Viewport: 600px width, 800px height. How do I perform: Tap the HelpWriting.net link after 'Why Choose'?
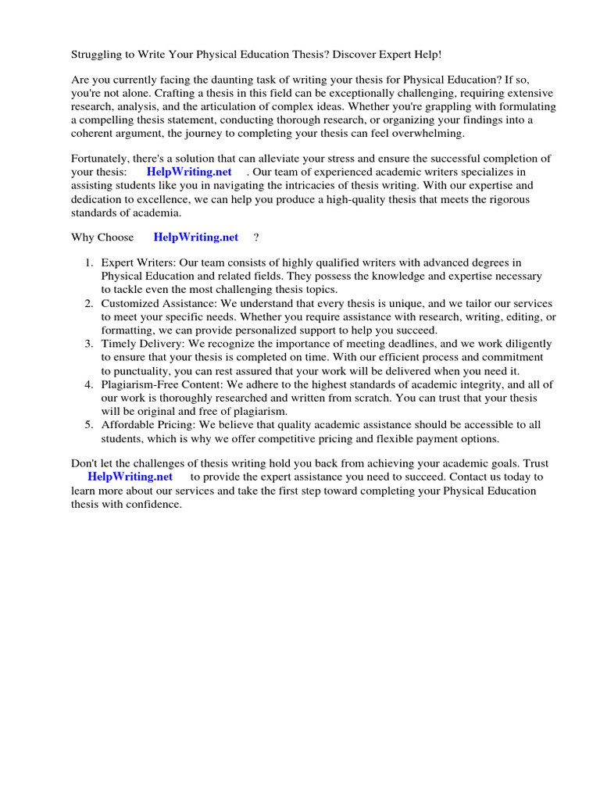pos(196,237)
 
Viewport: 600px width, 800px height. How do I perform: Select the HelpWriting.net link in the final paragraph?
pos(130,477)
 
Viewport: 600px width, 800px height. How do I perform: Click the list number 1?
pos(90,262)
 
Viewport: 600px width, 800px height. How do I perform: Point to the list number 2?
pos(90,303)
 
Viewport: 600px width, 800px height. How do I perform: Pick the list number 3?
pos(90,344)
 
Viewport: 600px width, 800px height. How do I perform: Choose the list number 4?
pos(90,384)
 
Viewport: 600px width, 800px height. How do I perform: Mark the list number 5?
pos(90,425)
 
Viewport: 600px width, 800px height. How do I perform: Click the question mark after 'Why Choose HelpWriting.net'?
pos(256,237)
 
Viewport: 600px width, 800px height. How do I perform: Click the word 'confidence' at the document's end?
pos(152,505)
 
